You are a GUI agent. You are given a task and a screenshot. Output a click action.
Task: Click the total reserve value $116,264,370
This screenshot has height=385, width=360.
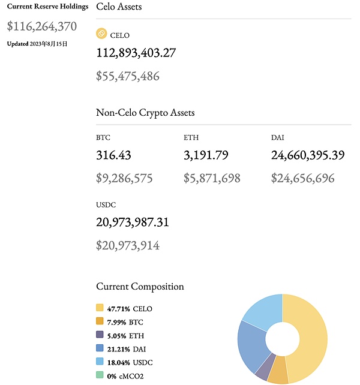(41, 26)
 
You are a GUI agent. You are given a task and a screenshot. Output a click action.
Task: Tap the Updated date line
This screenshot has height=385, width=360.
(37, 44)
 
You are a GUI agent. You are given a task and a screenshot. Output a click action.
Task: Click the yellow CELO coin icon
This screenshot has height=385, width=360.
(101, 34)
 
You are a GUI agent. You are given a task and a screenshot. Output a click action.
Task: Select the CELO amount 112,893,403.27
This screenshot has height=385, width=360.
(136, 53)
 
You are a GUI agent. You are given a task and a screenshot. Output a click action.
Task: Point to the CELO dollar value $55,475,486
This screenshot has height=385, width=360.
(128, 76)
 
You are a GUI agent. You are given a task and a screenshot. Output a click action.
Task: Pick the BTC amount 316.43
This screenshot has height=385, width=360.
(113, 156)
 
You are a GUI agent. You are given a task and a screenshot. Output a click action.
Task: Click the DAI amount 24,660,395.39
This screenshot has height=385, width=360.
(308, 156)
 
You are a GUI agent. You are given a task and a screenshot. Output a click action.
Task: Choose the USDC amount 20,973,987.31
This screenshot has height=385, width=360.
(133, 222)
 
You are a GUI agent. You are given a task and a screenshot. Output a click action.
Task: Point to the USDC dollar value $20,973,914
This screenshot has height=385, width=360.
(128, 245)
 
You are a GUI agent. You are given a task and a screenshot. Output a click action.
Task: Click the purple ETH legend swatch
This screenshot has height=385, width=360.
(100, 335)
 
